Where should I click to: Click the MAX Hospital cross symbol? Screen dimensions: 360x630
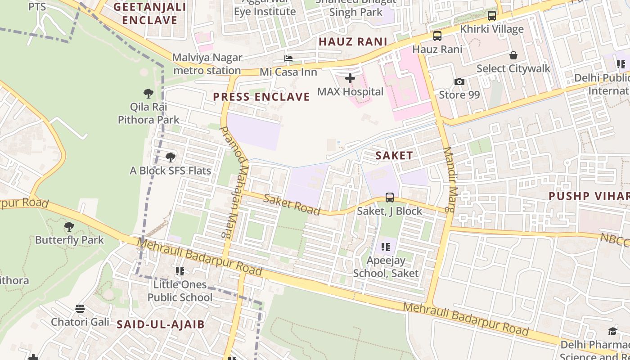pyautogui.click(x=350, y=78)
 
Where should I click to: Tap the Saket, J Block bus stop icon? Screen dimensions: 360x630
pyautogui.click(x=390, y=198)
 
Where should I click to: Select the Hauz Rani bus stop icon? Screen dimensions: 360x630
pyautogui.click(x=437, y=36)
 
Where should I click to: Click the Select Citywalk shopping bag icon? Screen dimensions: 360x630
pyautogui.click(x=513, y=55)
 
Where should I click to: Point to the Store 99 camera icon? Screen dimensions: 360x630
pyautogui.click(x=459, y=81)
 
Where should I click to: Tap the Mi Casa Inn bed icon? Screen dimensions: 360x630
pyautogui.click(x=288, y=58)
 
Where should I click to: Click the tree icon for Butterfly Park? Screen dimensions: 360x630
pyautogui.click(x=69, y=226)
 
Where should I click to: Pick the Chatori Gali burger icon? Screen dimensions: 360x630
pyautogui.click(x=80, y=309)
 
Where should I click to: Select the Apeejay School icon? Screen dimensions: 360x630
pyautogui.click(x=386, y=247)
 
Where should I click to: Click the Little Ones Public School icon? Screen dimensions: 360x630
pyautogui.click(x=180, y=271)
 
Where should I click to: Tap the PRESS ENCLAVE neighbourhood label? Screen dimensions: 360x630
pyautogui.click(x=261, y=97)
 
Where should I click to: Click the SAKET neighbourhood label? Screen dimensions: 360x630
pyautogui.click(x=394, y=156)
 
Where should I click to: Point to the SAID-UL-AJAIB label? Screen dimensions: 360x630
pyautogui.click(x=161, y=324)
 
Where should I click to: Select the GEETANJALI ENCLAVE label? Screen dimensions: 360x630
pyautogui.click(x=149, y=13)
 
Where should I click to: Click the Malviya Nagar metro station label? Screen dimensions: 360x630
pyautogui.click(x=207, y=64)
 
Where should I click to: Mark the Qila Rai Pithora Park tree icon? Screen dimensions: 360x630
pyautogui.click(x=148, y=94)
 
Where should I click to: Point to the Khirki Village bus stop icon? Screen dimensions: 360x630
pyautogui.click(x=492, y=16)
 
